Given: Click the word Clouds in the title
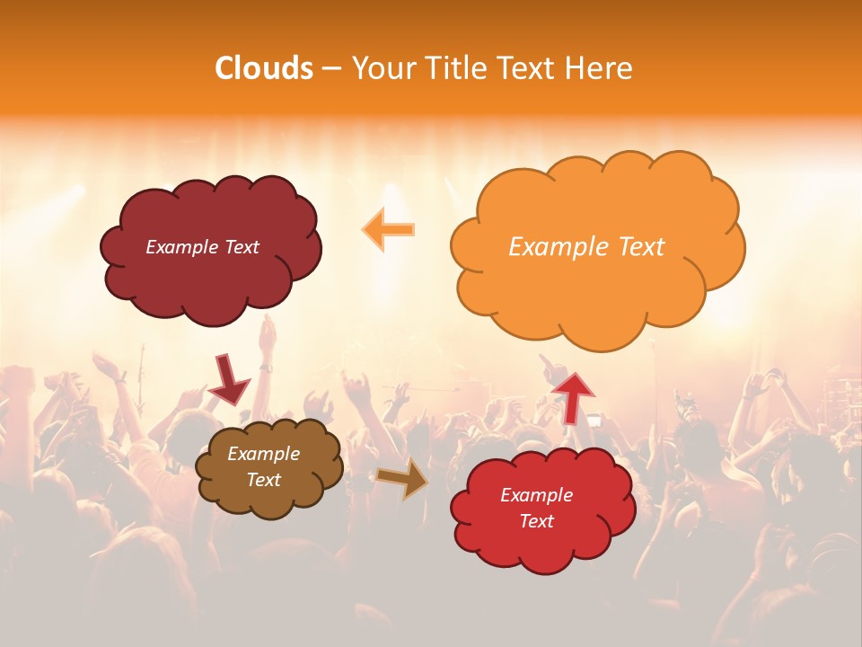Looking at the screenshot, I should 264,68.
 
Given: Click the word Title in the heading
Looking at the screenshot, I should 453,68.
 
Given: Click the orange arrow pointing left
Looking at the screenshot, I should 389,229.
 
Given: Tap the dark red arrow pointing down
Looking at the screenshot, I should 228,380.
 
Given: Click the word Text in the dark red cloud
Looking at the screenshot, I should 240,247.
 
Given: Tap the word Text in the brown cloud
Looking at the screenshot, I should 264,480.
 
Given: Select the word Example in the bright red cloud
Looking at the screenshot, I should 536,495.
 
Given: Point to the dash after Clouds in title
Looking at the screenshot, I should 331,69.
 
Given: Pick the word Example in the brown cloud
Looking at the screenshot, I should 263,454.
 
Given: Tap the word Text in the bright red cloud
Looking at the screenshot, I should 536,521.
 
